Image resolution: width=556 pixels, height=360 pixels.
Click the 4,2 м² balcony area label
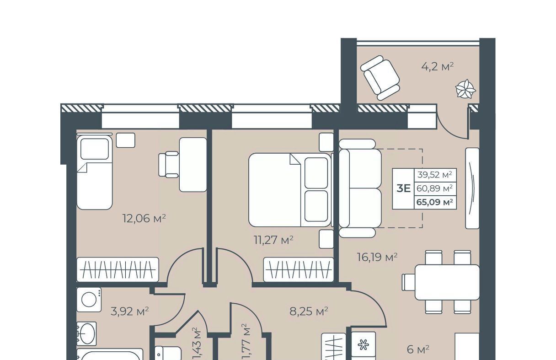click(438, 67)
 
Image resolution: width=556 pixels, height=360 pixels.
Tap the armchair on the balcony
click(380, 78)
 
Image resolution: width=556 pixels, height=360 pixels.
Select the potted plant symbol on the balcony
click(465, 89)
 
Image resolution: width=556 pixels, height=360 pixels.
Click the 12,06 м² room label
click(144, 218)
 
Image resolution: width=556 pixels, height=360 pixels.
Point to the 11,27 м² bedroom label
click(274, 240)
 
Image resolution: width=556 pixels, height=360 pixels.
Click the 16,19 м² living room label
click(377, 257)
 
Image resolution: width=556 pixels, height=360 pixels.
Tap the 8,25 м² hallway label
click(309, 311)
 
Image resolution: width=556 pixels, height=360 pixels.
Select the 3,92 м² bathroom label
click(129, 311)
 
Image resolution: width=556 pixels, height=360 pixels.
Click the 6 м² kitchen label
click(418, 349)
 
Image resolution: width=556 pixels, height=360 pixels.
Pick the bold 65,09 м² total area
click(435, 202)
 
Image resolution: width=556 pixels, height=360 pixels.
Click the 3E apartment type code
click(403, 188)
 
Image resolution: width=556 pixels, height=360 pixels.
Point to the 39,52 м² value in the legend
click(434, 175)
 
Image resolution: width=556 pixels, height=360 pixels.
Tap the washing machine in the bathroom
click(89, 300)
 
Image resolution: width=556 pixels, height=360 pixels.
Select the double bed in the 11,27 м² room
click(290, 190)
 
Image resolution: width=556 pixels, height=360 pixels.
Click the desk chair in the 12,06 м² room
click(169, 165)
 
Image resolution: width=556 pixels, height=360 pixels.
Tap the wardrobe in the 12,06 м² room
click(118, 269)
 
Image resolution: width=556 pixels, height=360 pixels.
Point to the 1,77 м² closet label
click(246, 341)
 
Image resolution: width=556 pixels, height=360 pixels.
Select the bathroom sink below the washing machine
click(86, 333)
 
